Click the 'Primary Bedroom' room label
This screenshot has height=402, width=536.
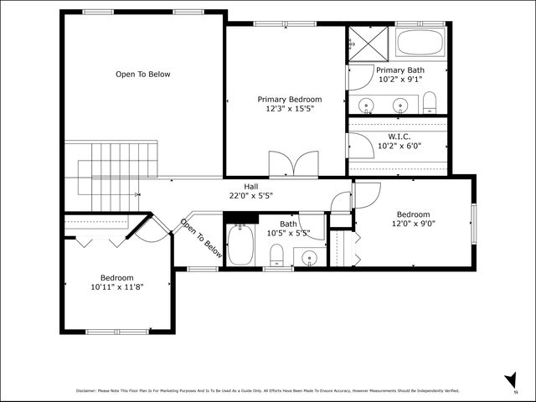288,99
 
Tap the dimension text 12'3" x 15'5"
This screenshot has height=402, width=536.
288,109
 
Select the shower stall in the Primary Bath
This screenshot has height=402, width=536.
363,42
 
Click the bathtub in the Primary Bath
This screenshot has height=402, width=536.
420,43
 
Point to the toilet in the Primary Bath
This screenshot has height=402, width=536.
430,103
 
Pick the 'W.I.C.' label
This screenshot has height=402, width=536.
399,136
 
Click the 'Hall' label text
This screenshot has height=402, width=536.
251,186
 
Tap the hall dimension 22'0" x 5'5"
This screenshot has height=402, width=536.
251,196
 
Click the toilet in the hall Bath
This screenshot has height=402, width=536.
278,255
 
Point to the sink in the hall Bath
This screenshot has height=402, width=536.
310,256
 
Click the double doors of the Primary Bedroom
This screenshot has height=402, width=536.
293,164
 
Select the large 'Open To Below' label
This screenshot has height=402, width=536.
142,75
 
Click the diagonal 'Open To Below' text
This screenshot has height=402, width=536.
201,238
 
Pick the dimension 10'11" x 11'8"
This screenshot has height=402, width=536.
116,287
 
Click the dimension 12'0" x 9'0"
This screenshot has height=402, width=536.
413,224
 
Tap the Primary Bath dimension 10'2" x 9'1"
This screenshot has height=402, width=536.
399,80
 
